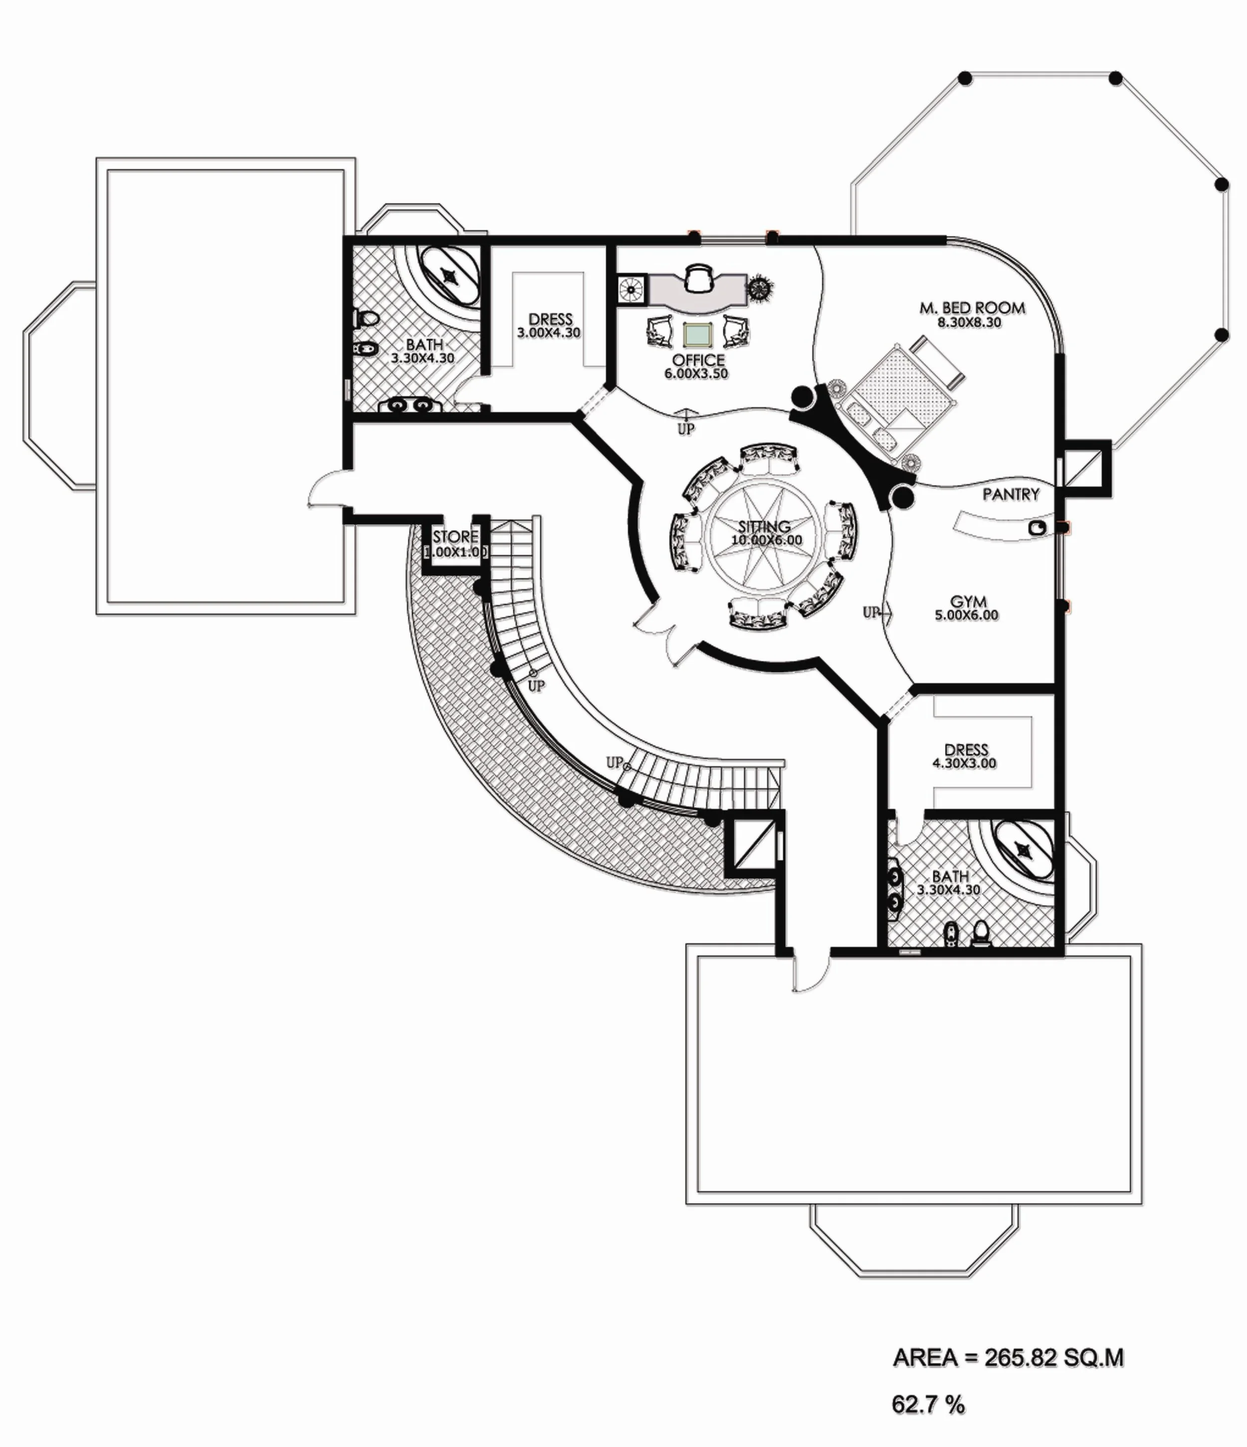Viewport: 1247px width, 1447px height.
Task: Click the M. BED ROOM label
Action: (972, 307)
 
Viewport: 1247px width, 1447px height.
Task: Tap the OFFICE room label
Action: (698, 360)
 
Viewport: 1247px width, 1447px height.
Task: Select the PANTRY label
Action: (1010, 494)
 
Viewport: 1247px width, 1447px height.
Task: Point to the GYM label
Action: (968, 601)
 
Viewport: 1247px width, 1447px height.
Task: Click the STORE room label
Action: (455, 537)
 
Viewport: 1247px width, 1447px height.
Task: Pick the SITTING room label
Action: (764, 527)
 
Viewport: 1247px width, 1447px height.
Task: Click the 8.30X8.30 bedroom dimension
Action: (969, 323)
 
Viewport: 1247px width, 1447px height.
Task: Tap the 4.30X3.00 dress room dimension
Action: (964, 763)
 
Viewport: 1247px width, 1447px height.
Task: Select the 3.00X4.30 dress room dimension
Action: (549, 333)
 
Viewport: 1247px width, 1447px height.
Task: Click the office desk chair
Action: (699, 278)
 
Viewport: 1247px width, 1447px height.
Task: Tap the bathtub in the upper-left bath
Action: (449, 276)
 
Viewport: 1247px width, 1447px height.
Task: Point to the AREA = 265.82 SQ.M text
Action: (1008, 1358)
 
